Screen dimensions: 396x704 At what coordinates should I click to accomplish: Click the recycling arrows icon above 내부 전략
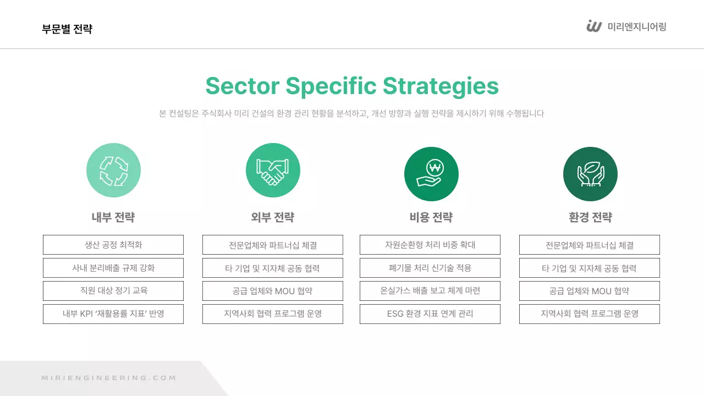(x=113, y=170)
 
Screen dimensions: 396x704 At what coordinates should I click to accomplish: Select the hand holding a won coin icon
(x=431, y=174)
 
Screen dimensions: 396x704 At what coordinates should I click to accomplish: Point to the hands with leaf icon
(x=590, y=174)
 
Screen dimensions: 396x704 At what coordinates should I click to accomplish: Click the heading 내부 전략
(x=113, y=217)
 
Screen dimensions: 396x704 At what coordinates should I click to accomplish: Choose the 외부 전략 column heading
(x=273, y=217)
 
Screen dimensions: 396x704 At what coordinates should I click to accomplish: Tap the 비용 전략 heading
(x=431, y=217)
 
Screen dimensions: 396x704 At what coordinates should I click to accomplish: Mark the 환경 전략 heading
(x=590, y=217)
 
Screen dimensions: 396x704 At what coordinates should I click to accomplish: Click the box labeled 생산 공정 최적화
(x=113, y=245)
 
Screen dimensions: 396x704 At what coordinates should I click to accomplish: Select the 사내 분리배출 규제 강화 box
(x=113, y=268)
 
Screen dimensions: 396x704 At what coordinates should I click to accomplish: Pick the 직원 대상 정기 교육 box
(x=113, y=291)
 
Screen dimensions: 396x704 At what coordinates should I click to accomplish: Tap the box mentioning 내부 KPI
(x=113, y=314)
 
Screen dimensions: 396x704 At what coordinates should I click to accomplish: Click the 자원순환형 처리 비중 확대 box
(x=430, y=245)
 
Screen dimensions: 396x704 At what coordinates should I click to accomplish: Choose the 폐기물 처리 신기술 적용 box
(x=430, y=268)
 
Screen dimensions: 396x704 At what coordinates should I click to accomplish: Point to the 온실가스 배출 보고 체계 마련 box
(x=430, y=291)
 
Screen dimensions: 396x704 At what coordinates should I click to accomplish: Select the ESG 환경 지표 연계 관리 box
(x=430, y=314)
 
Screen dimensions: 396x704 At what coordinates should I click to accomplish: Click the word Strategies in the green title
(x=441, y=86)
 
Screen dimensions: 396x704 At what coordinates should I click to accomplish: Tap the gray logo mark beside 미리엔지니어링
(x=594, y=26)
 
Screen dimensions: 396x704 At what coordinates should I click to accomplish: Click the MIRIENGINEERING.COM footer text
(x=109, y=378)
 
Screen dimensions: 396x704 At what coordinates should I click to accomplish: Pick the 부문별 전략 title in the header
(x=67, y=29)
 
